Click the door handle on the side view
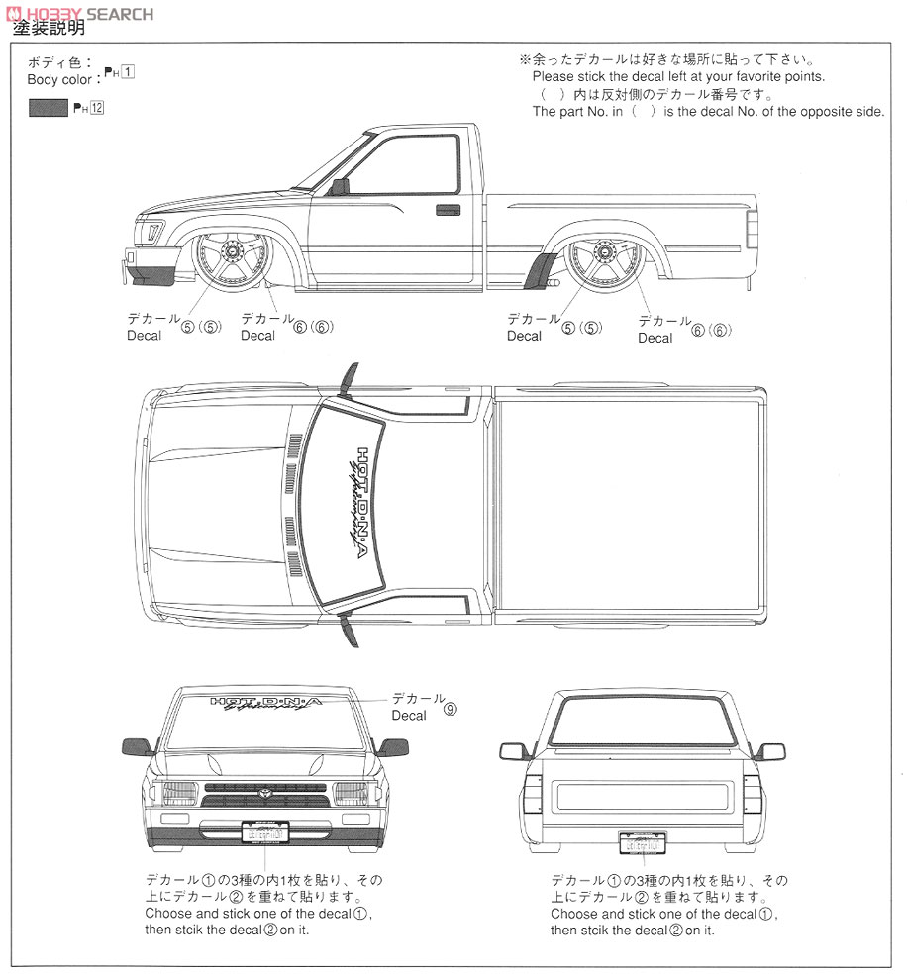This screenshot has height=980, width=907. (x=448, y=209)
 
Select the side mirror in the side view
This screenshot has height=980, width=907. (x=340, y=186)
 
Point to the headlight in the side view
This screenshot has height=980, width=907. (x=151, y=233)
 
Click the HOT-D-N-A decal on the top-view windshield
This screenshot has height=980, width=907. (x=365, y=504)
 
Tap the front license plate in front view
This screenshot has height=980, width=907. (x=265, y=833)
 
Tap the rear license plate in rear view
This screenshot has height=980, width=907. (x=644, y=842)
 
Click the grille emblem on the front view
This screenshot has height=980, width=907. (x=265, y=792)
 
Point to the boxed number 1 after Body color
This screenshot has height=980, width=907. (x=129, y=73)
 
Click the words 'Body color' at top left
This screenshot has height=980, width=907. (x=58, y=79)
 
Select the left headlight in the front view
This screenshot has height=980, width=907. (x=179, y=794)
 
